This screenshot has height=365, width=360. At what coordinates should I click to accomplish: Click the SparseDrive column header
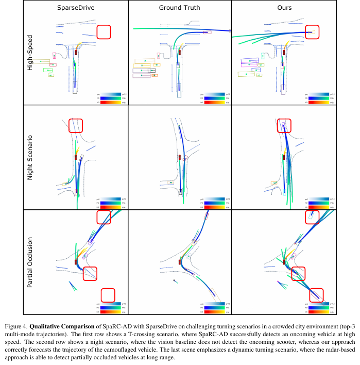[x=76, y=8]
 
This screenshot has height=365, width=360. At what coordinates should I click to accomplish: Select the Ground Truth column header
[x=180, y=8]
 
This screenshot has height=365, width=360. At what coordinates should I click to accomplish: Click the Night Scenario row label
[x=30, y=157]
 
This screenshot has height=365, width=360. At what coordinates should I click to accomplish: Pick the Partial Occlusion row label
[x=30, y=262]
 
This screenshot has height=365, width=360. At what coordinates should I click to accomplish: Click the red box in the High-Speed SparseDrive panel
[x=104, y=31]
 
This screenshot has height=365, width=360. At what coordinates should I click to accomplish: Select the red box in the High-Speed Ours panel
[x=312, y=32]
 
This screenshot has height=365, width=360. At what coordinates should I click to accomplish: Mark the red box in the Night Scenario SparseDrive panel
[x=75, y=125]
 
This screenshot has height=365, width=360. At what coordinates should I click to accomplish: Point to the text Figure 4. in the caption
[x=15, y=327]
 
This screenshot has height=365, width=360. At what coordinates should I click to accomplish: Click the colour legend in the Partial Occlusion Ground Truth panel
[x=216, y=307]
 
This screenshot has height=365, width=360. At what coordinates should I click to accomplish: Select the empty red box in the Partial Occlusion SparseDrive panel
[x=108, y=295]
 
